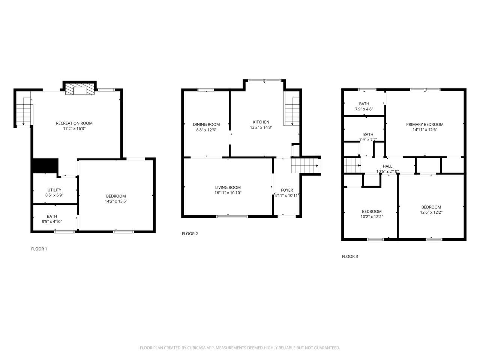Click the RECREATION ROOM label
click(x=74, y=123)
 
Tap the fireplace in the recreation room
click(x=79, y=89)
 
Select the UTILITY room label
click(x=54, y=190)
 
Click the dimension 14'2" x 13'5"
click(x=116, y=201)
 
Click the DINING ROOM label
click(x=206, y=124)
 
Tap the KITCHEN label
click(x=261, y=122)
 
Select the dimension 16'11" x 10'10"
click(x=228, y=193)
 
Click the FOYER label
click(x=287, y=190)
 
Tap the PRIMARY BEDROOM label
click(x=424, y=124)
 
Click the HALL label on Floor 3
click(x=387, y=166)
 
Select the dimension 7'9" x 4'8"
click(x=364, y=109)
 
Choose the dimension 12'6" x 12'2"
click(x=431, y=212)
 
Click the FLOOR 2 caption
click(x=190, y=234)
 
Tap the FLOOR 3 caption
click(x=350, y=256)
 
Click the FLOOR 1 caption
click(x=39, y=249)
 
